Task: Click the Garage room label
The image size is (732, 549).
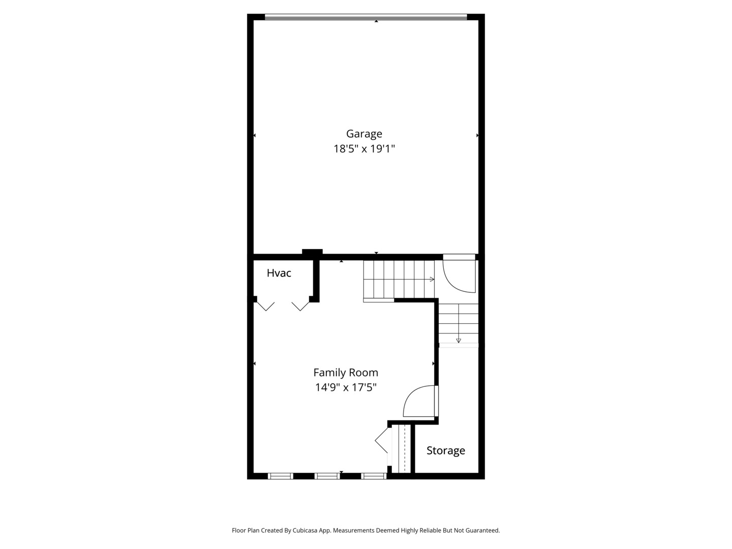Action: (364, 134)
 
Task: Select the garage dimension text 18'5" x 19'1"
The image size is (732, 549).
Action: (364, 148)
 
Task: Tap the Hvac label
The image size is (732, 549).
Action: (279, 273)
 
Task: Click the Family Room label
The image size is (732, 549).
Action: (346, 372)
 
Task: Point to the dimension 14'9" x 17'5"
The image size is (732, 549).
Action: (346, 387)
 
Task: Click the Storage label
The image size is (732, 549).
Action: (446, 450)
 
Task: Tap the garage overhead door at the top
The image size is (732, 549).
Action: (366, 17)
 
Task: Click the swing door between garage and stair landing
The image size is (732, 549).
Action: (459, 273)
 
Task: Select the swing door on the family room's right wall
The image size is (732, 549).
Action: (421, 401)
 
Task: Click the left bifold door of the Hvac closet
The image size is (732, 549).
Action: (266, 307)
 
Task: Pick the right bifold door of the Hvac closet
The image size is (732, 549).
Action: (300, 307)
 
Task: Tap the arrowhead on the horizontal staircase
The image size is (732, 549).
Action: (432, 280)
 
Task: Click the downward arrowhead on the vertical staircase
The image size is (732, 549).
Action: (459, 341)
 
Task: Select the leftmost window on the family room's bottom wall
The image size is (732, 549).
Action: (281, 476)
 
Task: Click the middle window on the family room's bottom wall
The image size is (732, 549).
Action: (327, 476)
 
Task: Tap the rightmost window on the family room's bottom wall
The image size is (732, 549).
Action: (374, 476)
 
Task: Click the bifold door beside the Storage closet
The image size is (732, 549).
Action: (382, 441)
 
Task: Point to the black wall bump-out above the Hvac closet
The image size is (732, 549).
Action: (312, 252)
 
